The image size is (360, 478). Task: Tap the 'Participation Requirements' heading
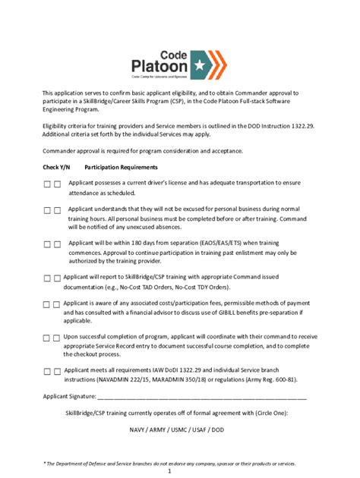point(121,167)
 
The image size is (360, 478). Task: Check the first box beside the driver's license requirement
point(47,184)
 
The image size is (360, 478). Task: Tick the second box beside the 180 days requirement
point(58,244)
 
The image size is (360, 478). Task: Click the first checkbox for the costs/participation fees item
point(47,304)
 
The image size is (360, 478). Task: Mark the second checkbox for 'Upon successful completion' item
point(58,338)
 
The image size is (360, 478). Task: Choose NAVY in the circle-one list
point(138,429)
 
